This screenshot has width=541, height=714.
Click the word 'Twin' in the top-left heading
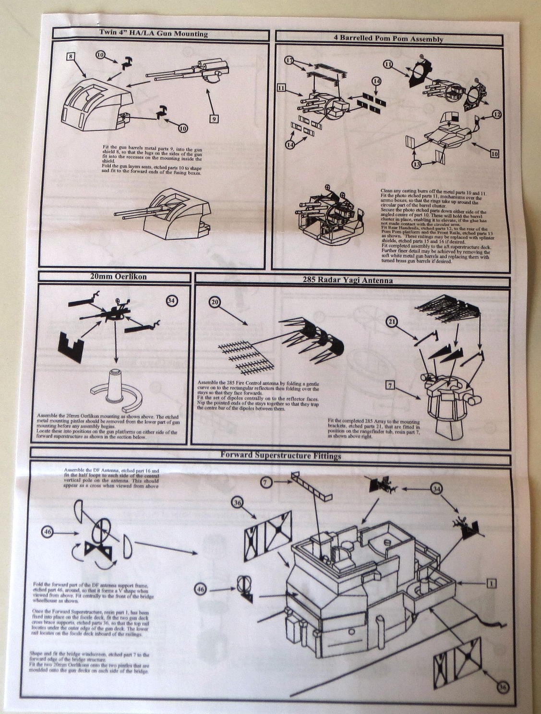(x=108, y=34)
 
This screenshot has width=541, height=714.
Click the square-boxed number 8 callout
(x=71, y=57)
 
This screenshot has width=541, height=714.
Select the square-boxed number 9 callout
(x=214, y=118)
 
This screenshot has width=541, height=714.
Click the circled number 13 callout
(x=418, y=164)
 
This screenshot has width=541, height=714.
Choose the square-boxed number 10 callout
(x=494, y=154)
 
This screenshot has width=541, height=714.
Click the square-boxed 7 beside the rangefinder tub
(x=390, y=384)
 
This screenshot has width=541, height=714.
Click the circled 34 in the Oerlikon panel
(x=171, y=300)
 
